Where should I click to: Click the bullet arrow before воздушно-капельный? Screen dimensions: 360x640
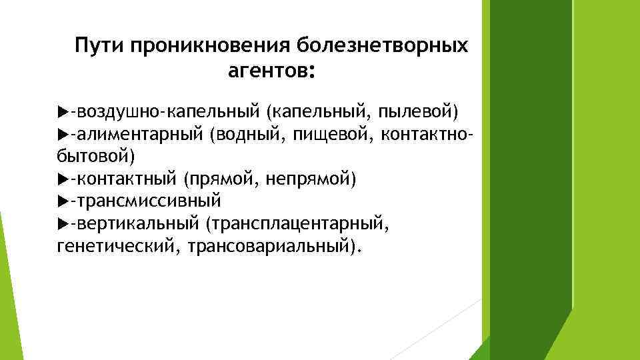tap(63, 109)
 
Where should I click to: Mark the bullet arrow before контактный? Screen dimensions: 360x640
tap(63, 179)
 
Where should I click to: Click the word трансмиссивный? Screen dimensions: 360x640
tap(147, 201)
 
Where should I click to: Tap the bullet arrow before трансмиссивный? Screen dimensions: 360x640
tap(63, 201)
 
